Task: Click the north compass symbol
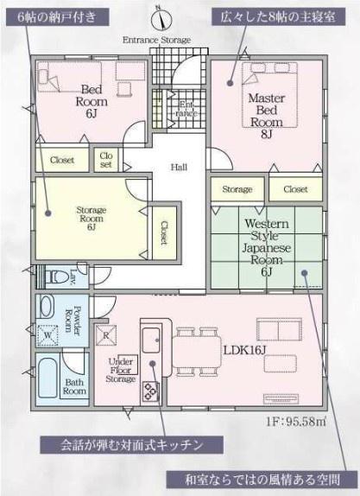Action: [161, 19]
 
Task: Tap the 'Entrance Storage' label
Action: [156, 40]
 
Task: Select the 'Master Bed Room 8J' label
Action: [267, 116]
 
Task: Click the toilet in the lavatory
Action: [57, 277]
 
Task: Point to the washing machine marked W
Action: [48, 335]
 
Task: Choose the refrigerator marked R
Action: [106, 335]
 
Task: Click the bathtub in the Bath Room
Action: [47, 378]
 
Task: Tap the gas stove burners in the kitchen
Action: [150, 391]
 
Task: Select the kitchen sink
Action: [151, 340]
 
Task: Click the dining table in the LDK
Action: [197, 352]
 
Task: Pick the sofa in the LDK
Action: [279, 329]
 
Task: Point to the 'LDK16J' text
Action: [245, 350]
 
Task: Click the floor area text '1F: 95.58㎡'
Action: [296, 422]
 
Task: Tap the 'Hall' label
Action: [179, 167]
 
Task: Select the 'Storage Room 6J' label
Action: [91, 219]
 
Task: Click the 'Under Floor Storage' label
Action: [121, 370]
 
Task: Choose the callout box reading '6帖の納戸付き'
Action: [57, 17]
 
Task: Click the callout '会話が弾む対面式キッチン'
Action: [131, 445]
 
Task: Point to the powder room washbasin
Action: [47, 306]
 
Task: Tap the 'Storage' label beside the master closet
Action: [237, 189]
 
